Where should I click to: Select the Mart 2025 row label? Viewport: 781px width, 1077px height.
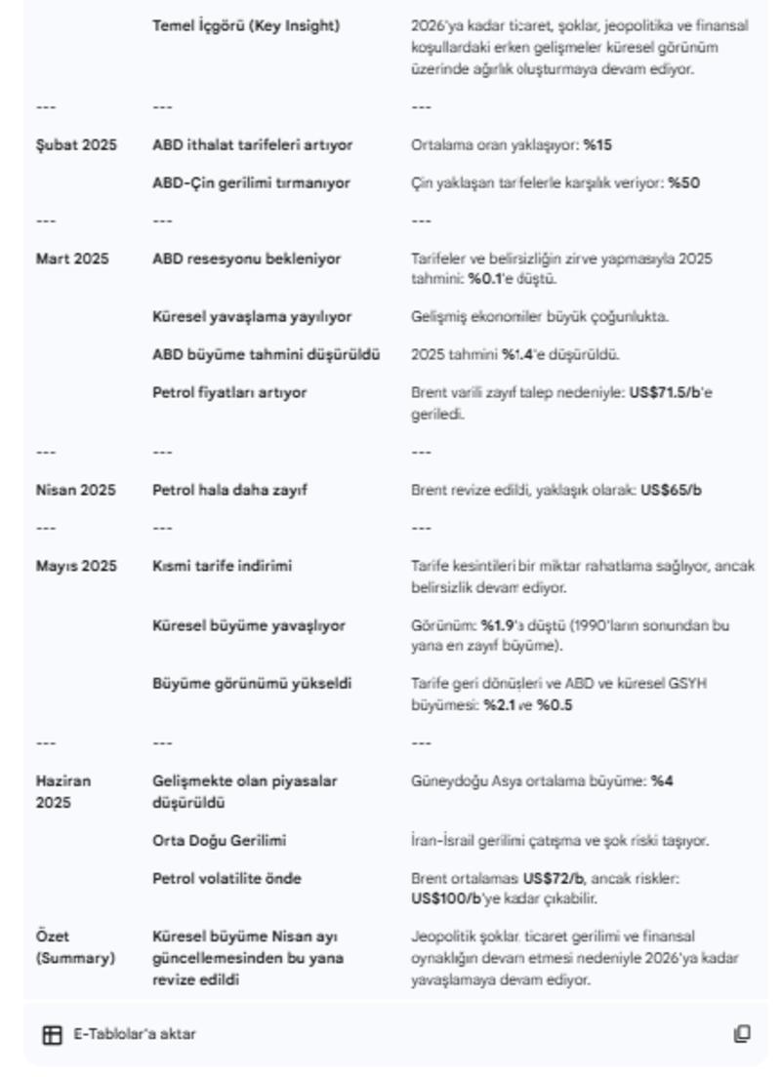(x=71, y=259)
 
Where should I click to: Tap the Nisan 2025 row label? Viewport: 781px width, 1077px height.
(x=74, y=490)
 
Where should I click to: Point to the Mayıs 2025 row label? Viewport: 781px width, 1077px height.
(x=75, y=566)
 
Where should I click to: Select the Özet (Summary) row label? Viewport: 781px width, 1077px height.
(x=74, y=945)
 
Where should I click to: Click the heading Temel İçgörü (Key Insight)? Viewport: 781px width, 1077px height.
(x=246, y=26)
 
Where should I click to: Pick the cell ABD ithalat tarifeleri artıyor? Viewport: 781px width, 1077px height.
(x=252, y=145)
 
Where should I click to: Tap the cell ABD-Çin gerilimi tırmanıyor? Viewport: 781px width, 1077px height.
(x=251, y=182)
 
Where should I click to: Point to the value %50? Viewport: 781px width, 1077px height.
(x=684, y=182)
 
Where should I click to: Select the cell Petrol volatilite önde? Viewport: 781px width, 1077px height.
(x=226, y=879)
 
